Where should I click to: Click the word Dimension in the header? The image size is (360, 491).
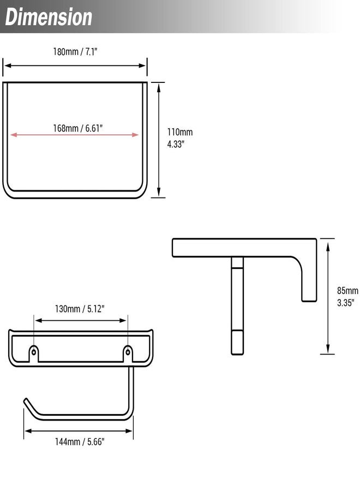tap(49, 17)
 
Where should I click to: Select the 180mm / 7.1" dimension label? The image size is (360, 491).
tap(75, 52)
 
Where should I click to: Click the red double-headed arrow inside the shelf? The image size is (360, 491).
tap(33, 135)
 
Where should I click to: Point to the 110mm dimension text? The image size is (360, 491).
tap(179, 132)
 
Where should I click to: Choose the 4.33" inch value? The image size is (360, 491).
tap(176, 145)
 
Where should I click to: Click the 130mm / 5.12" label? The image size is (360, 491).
tap(80, 309)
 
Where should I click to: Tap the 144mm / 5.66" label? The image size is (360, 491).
tap(80, 441)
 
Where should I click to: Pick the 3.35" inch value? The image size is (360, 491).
tap(345, 302)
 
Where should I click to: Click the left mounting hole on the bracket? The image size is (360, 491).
tap(34, 351)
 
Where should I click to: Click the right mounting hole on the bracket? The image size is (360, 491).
tap(128, 351)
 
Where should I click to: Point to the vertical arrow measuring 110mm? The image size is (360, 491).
tap(158, 164)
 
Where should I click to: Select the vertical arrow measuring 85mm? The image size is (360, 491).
tap(327, 327)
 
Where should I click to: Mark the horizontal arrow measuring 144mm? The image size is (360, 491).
tap(55, 431)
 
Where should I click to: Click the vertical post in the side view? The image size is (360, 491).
tap(237, 306)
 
